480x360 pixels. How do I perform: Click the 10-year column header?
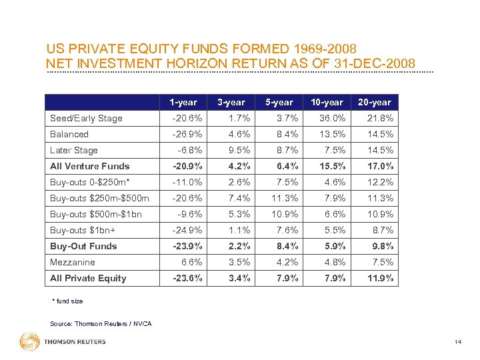327,102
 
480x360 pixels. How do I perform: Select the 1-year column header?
183,102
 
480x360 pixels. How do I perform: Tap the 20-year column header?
375,102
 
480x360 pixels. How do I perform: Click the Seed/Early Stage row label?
86,119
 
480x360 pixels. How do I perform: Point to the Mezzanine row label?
73,262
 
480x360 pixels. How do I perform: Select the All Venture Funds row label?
90,166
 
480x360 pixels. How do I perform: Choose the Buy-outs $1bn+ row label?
83,230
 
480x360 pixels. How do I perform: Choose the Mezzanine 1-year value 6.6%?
187,262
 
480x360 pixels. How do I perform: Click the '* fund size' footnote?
67,301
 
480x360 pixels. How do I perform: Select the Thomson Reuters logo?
63,342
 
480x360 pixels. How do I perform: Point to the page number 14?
457,343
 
